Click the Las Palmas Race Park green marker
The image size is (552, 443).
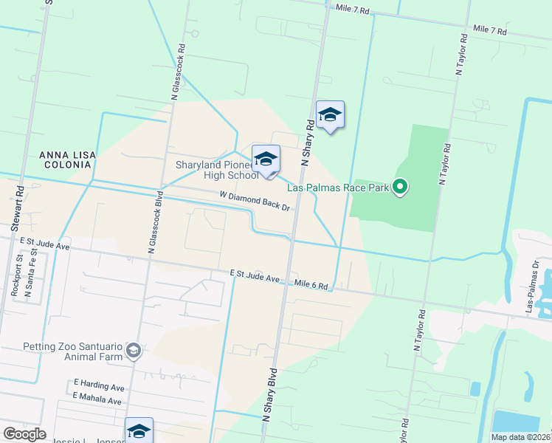pos(400,187)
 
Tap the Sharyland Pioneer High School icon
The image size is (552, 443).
pos(266,159)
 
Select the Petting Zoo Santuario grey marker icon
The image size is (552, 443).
pos(134,350)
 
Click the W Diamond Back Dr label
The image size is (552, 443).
pos(253,202)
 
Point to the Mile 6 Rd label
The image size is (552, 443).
pos(311,284)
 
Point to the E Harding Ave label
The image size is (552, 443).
pos(98,385)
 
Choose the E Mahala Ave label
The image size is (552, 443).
pos(97,399)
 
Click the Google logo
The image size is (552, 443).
pos(24,434)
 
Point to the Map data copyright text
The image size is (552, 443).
pos(520,437)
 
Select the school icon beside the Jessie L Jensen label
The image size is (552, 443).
pos(139,430)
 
